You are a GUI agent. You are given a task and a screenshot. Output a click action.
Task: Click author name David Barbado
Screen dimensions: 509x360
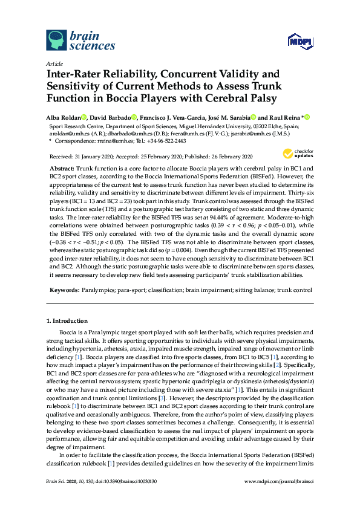(x=111, y=117)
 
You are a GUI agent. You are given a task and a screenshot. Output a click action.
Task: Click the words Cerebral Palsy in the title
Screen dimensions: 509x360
(x=240, y=99)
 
